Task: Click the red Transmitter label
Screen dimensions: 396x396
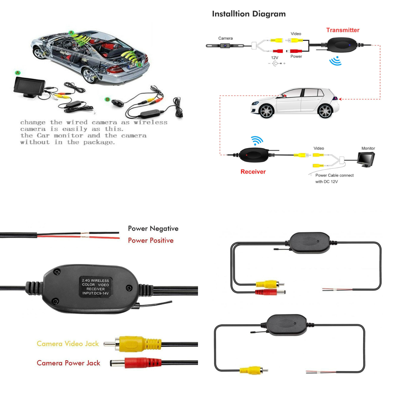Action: (x=342, y=30)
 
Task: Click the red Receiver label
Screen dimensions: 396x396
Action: (x=253, y=172)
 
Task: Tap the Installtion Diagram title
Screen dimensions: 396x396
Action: (x=249, y=14)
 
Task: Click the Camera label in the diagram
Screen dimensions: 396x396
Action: (x=225, y=38)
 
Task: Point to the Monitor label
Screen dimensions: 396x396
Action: (x=368, y=148)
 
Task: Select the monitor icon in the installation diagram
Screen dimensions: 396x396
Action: (x=366, y=160)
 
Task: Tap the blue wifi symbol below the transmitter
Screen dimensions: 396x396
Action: (x=335, y=61)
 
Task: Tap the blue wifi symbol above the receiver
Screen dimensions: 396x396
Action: (x=257, y=140)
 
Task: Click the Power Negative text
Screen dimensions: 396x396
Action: (x=153, y=229)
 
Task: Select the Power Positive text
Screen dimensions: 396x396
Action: (x=151, y=240)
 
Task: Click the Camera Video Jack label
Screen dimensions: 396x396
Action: (x=68, y=344)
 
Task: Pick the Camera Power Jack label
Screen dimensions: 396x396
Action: (x=68, y=363)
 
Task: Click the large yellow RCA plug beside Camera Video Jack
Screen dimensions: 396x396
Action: (x=132, y=344)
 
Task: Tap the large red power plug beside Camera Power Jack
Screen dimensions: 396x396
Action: (x=136, y=363)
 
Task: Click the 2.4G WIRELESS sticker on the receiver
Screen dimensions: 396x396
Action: (x=95, y=287)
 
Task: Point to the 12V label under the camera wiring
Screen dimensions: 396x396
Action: (x=275, y=58)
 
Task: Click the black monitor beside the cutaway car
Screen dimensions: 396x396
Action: (x=29, y=87)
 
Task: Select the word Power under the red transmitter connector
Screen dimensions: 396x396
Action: (x=296, y=57)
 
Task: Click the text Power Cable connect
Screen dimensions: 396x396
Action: (x=335, y=175)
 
